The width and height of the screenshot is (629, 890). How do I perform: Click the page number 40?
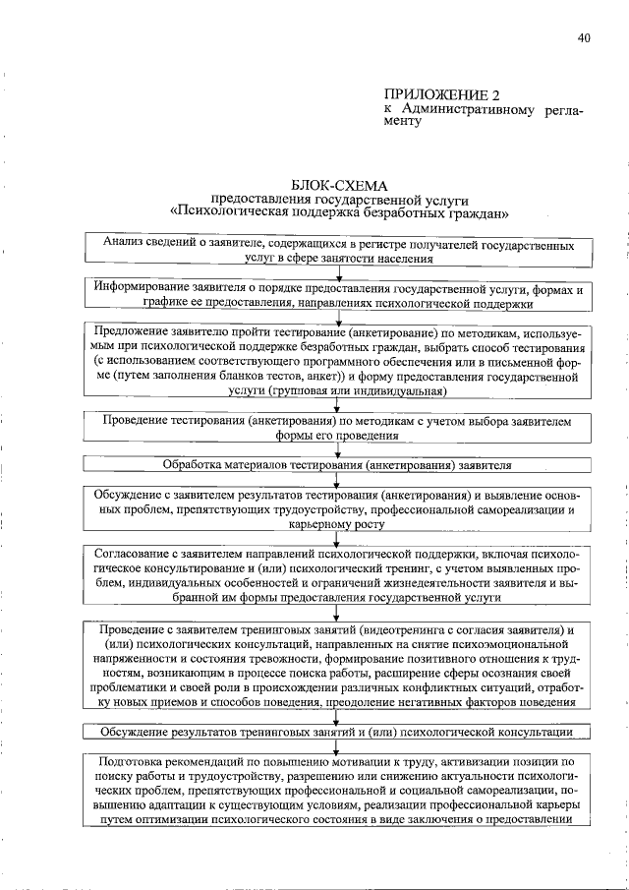(584, 38)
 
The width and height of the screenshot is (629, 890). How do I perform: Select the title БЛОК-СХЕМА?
(340, 184)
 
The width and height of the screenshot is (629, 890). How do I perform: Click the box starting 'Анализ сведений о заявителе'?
(339, 251)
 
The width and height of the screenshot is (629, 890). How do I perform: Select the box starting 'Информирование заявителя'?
(339, 297)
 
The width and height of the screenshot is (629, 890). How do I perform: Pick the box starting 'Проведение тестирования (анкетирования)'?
(339, 427)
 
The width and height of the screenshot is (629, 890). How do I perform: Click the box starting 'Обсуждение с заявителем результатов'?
(339, 510)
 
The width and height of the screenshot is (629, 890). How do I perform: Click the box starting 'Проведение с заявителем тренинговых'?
(339, 665)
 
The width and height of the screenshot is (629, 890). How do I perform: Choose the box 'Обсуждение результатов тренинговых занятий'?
(339, 733)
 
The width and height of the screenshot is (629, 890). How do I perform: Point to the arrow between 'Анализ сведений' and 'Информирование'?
(339, 273)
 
